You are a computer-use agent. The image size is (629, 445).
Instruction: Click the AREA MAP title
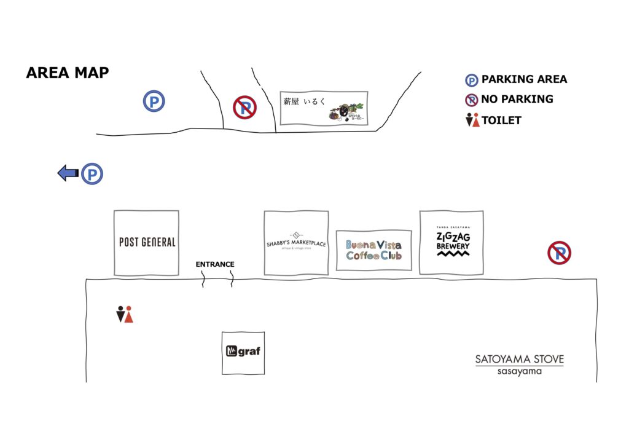(68, 73)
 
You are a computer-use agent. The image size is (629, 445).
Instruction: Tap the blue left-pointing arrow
(68, 174)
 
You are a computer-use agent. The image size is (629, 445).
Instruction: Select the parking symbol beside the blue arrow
(92, 174)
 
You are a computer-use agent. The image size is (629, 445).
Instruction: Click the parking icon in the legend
(471, 80)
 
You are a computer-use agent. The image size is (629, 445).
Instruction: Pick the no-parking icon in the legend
(471, 100)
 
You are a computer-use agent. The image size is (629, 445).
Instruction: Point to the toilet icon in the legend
(472, 120)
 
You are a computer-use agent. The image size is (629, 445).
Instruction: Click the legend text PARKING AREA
(524, 79)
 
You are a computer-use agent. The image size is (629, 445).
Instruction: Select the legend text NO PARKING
(517, 99)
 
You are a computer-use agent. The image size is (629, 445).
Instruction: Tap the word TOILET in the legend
(501, 120)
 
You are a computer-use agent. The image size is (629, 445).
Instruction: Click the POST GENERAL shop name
(147, 242)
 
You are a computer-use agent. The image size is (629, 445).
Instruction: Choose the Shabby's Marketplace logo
(296, 243)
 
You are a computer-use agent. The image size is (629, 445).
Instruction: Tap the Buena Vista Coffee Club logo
(373, 250)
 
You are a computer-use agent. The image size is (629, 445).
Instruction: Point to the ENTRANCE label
(215, 264)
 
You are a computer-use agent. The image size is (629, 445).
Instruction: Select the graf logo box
(243, 352)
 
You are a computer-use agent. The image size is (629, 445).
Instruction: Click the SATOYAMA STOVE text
(519, 359)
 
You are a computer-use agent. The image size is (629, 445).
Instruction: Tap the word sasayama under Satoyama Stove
(519, 371)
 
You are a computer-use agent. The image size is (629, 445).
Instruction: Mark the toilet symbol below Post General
(125, 315)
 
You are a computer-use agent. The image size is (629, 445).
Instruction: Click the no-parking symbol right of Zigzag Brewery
(559, 253)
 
